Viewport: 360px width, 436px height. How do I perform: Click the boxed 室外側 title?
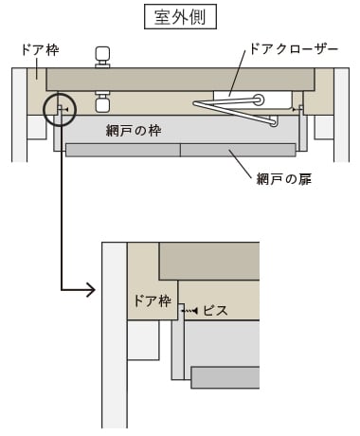click(x=180, y=16)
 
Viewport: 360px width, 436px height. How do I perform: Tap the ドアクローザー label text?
click(x=294, y=49)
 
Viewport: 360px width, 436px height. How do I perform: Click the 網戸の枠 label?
click(x=134, y=130)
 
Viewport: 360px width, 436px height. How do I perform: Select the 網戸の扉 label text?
click(x=284, y=179)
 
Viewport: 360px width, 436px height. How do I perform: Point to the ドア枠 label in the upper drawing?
click(x=40, y=50)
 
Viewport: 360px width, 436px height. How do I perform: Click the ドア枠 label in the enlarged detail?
click(x=153, y=300)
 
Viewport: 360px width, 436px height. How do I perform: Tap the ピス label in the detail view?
click(x=215, y=311)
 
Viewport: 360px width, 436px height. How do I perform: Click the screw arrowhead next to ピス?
click(x=195, y=311)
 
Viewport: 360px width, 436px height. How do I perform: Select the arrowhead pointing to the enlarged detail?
click(x=91, y=290)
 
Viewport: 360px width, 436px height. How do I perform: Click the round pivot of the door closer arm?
click(x=260, y=100)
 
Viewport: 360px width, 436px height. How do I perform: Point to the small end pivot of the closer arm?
click(x=274, y=122)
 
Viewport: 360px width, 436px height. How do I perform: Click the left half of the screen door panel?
click(x=123, y=150)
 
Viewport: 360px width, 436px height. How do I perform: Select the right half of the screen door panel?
click(x=238, y=150)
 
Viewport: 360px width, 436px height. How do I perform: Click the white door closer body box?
click(x=252, y=100)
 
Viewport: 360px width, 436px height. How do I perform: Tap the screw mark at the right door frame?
click(x=297, y=110)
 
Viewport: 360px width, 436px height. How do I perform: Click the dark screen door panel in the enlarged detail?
click(x=225, y=377)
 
